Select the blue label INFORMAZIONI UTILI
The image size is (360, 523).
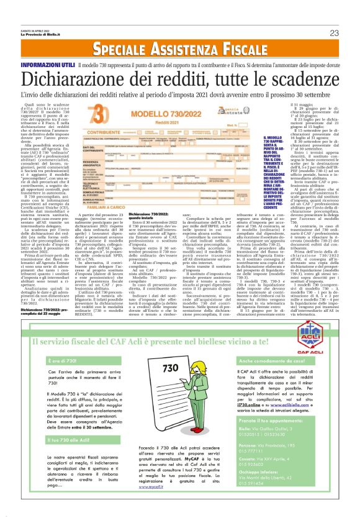[49, 65]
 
